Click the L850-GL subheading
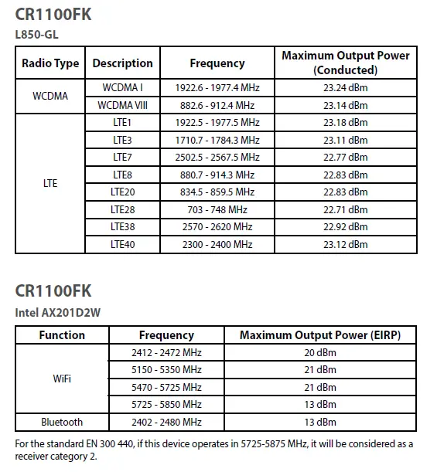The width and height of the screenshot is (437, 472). point(36,33)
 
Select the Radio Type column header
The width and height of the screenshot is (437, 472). point(50,63)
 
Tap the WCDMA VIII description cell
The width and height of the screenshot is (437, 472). point(122,105)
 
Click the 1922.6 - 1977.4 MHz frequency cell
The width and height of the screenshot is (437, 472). point(217,88)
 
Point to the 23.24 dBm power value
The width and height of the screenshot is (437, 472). point(346,88)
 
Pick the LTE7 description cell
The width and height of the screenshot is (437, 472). point(122,158)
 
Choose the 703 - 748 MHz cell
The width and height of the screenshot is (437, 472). point(217,209)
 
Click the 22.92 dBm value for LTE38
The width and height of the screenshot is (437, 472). point(346,227)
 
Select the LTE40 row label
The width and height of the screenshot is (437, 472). point(122,244)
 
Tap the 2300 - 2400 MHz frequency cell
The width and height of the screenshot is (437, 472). point(217,244)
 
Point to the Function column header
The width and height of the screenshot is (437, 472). point(62,335)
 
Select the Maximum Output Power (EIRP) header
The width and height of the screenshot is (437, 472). point(320,335)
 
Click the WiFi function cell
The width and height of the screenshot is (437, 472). point(62,379)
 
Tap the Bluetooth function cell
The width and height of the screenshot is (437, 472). point(62,423)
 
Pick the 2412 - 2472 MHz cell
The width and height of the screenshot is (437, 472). point(166,352)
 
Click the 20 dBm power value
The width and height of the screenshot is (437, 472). point(320,352)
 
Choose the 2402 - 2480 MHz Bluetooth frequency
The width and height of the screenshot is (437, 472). point(166,423)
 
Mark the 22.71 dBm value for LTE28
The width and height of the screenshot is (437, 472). point(346,209)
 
